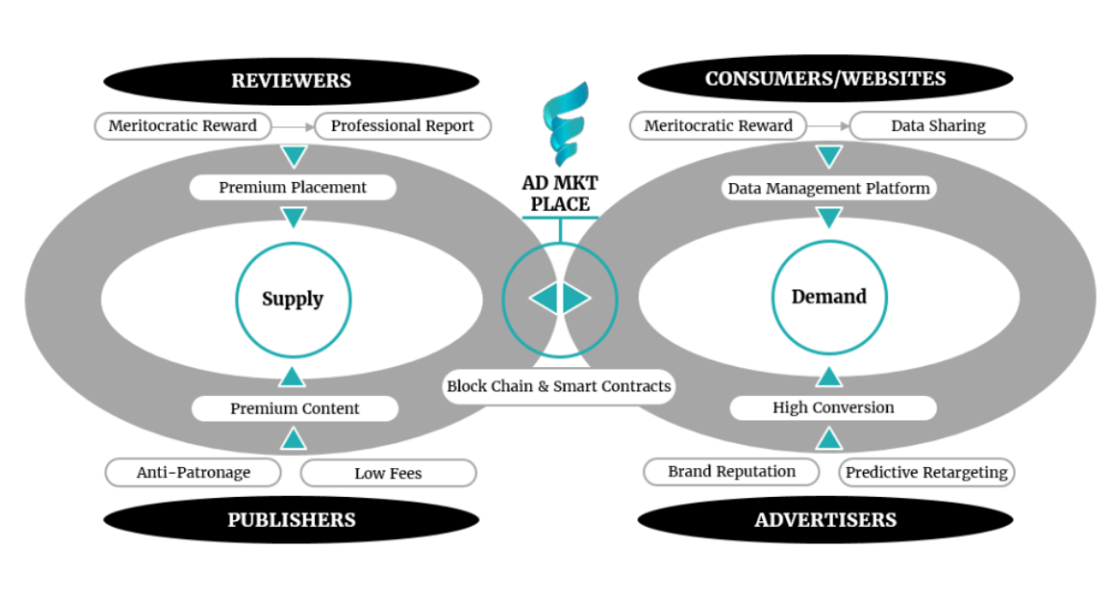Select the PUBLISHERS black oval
coord(291,520)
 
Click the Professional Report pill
coord(402,126)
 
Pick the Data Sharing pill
coord(937,126)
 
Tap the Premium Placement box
coord(293,188)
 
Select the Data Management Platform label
coord(828,189)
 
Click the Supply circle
coord(293,300)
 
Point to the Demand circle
coord(828,297)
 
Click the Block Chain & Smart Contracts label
coord(558,386)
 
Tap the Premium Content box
coord(294,408)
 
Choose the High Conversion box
coord(832,407)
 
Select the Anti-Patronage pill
coord(193,473)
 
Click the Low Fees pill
coord(387,474)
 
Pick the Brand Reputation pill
coord(731,472)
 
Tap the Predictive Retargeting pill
coord(925,473)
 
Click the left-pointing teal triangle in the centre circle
coord(544,299)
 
